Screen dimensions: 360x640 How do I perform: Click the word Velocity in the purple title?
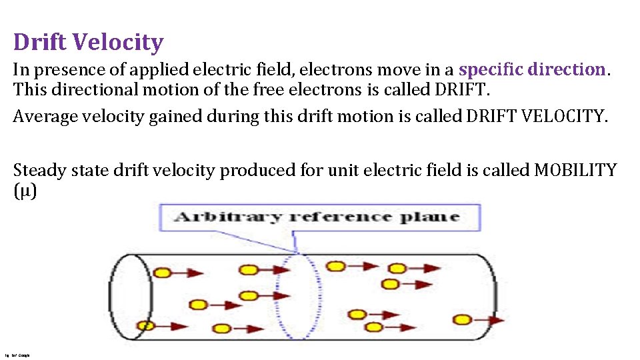click(117, 43)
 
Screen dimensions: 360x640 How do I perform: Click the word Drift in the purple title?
click(41, 43)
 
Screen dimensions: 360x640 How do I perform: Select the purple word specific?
click(491, 69)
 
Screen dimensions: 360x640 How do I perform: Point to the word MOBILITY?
click(576, 170)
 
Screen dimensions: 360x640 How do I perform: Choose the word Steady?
click(39, 171)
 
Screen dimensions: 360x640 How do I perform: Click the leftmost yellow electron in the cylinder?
click(146, 326)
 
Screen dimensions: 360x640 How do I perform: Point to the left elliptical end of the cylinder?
click(131, 297)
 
